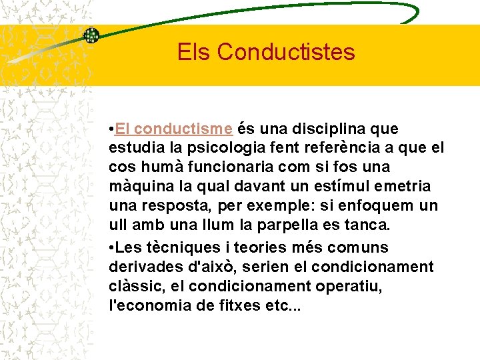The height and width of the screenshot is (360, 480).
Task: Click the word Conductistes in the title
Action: pyautogui.click(x=286, y=51)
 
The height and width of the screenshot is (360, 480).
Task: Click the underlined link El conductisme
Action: pyautogui.click(x=173, y=127)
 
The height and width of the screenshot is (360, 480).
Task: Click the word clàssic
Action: pyautogui.click(x=133, y=287)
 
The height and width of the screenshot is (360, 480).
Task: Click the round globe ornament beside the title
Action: pyautogui.click(x=91, y=36)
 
